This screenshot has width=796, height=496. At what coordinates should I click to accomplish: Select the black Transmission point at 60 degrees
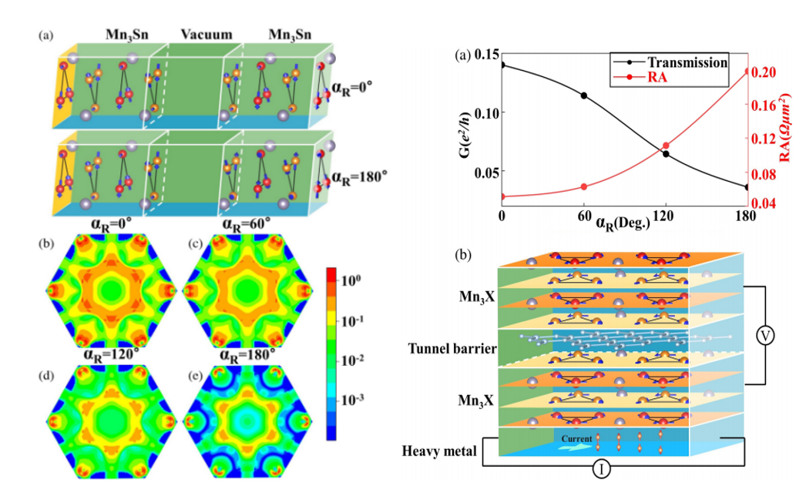[x=584, y=96]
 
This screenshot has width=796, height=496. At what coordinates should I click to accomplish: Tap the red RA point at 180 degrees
[x=746, y=72]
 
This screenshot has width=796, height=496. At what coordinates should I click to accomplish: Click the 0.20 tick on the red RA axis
[x=764, y=72]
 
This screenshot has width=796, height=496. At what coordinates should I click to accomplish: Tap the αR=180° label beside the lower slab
[x=358, y=176]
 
